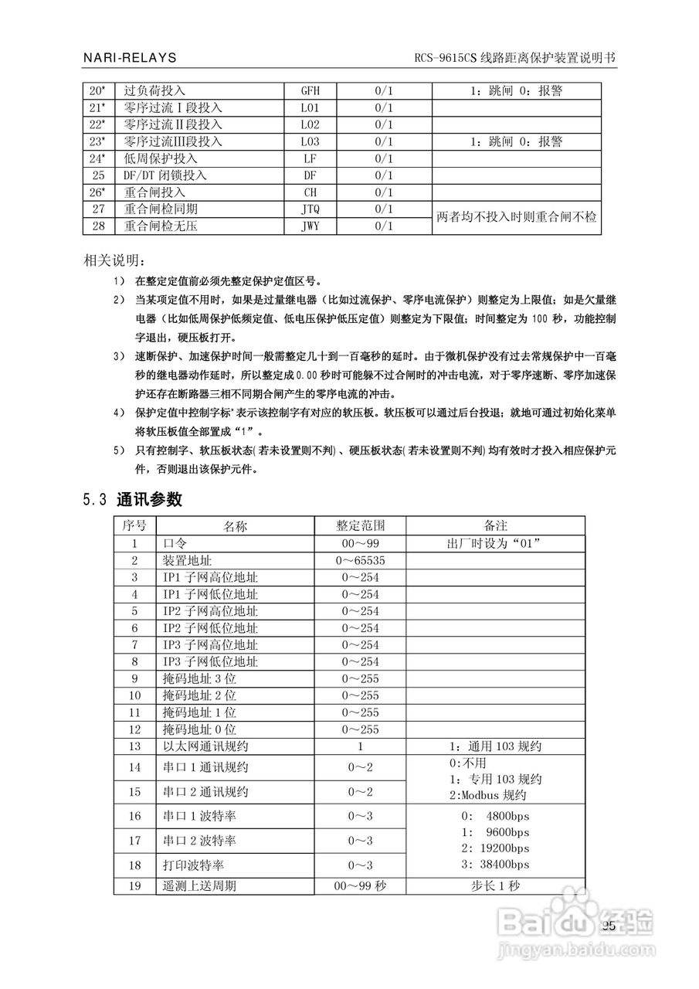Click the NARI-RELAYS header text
tap(130, 58)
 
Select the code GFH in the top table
tap(309, 90)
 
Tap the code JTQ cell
tap(309, 209)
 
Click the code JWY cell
tap(309, 226)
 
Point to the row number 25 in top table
tap(97, 175)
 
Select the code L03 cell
tap(309, 141)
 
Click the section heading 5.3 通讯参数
tap(132, 499)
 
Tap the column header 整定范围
tap(360, 526)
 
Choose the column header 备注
tap(495, 526)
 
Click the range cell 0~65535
tap(360, 560)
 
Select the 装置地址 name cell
tap(187, 560)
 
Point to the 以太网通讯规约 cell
tap(210, 746)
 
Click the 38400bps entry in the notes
tap(495, 864)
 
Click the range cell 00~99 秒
tap(360, 886)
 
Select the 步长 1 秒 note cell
tap(495, 886)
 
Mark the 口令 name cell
tap(175, 543)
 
